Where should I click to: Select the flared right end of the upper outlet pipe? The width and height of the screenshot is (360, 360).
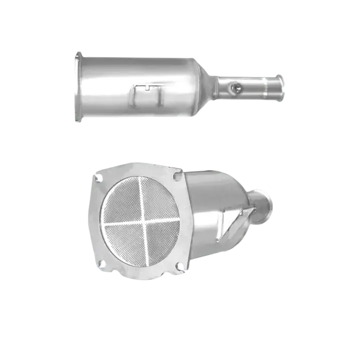(281, 86)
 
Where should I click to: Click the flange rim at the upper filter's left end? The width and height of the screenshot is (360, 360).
(77, 88)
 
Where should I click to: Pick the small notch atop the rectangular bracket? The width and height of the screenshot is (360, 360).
(149, 86)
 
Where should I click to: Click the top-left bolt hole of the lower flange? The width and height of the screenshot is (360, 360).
(97, 177)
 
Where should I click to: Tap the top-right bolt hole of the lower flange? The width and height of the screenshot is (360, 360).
(176, 176)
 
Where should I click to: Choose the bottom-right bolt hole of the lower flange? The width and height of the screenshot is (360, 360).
(178, 266)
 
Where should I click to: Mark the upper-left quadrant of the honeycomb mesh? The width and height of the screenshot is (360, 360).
(123, 201)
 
